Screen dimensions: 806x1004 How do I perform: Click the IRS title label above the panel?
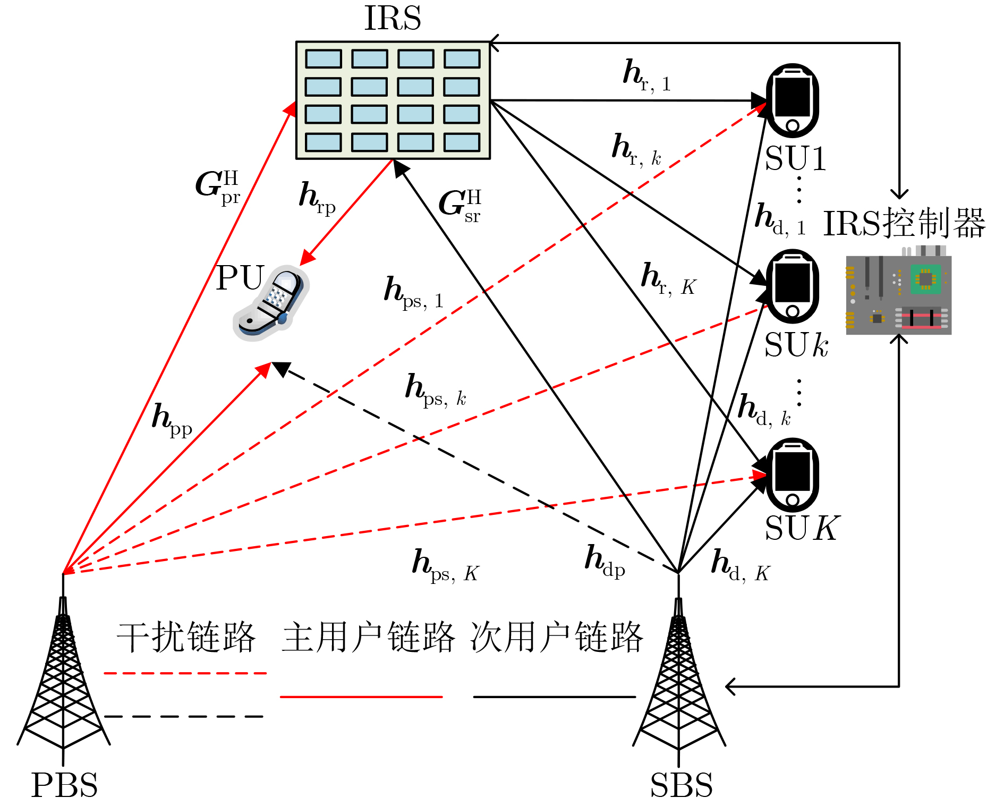(x=393, y=18)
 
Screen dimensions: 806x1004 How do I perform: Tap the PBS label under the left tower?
(x=64, y=785)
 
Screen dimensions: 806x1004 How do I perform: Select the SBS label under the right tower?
(x=681, y=785)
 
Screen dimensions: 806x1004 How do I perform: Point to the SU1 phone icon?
(x=792, y=100)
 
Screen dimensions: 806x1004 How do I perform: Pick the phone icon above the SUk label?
(x=792, y=286)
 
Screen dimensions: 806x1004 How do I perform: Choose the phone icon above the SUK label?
(x=792, y=474)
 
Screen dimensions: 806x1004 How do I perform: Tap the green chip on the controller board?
(x=925, y=279)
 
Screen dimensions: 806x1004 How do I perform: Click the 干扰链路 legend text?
(x=186, y=637)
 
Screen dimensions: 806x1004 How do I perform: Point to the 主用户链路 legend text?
(x=368, y=637)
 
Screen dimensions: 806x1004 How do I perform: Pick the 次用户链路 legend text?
(x=556, y=637)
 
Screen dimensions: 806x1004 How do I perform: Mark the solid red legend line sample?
(x=361, y=697)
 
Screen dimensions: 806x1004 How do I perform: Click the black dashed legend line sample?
(x=184, y=717)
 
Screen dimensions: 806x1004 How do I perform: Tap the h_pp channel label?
(x=172, y=420)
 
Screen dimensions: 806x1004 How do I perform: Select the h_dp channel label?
(x=605, y=562)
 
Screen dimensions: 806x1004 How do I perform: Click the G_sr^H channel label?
(x=460, y=205)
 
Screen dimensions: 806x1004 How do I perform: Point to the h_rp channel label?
(x=317, y=198)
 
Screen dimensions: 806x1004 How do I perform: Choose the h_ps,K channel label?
(x=445, y=566)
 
